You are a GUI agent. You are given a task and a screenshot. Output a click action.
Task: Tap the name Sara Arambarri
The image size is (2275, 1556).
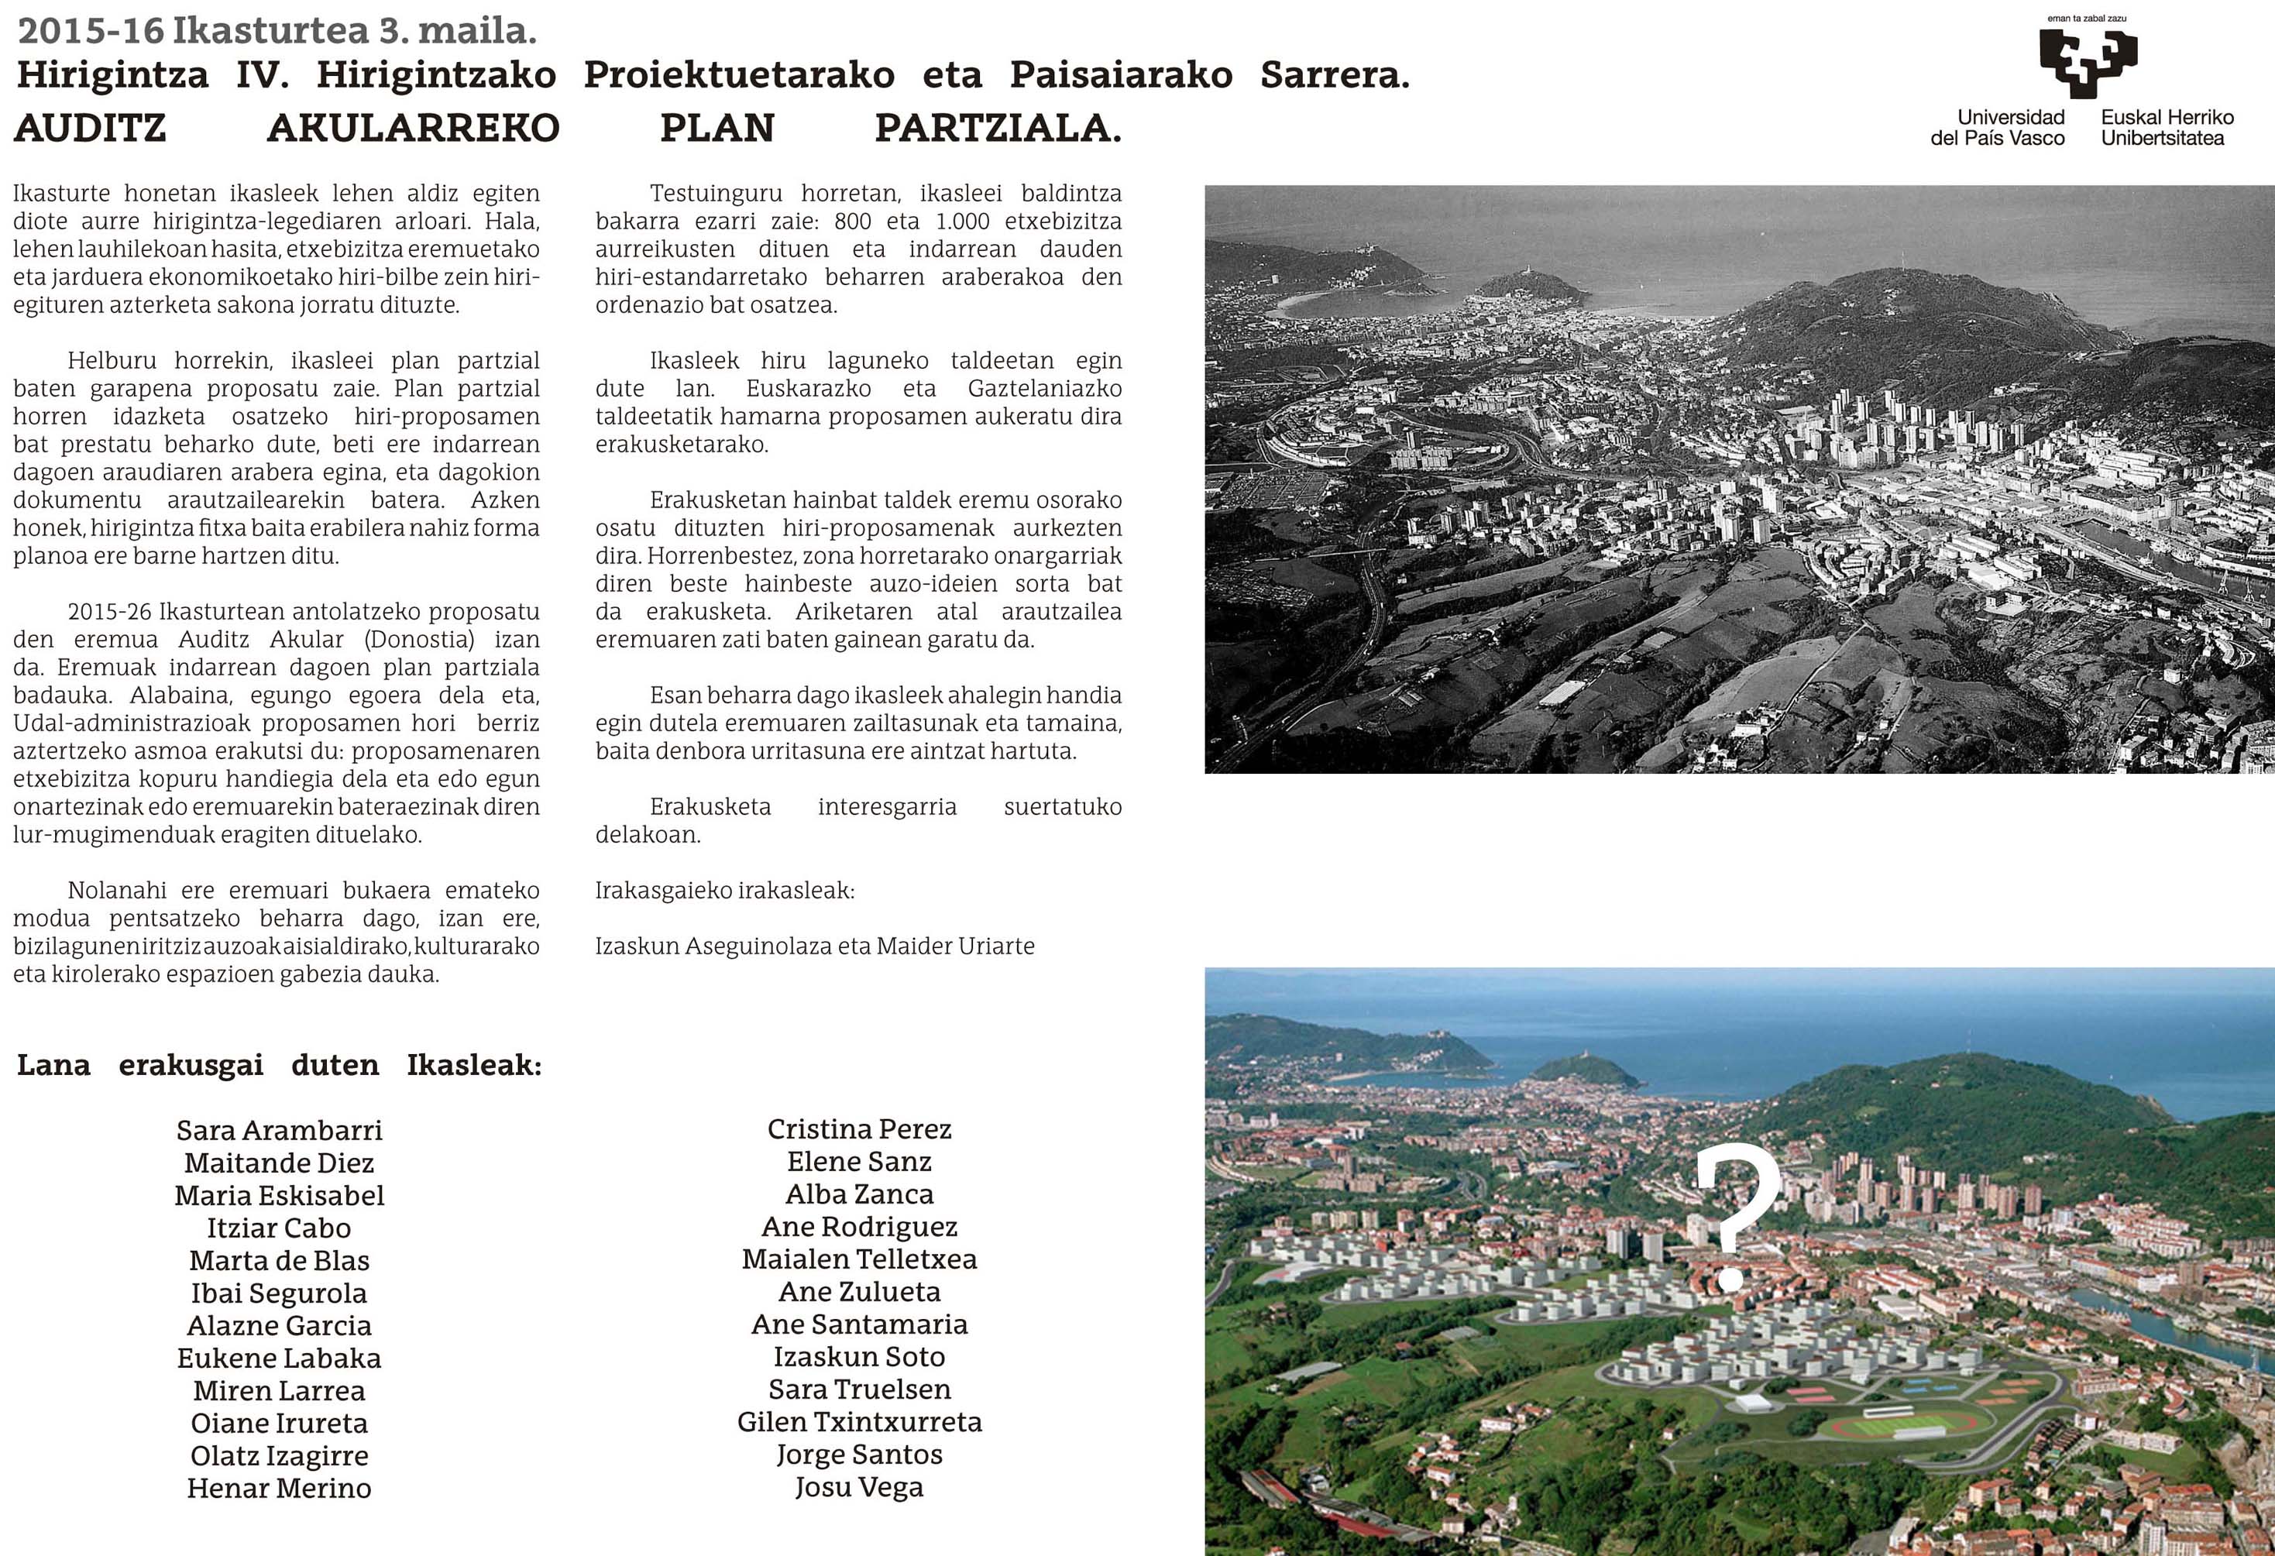pyautogui.click(x=279, y=1130)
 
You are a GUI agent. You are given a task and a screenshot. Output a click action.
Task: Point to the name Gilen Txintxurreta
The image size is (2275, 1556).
pyautogui.click(x=858, y=1422)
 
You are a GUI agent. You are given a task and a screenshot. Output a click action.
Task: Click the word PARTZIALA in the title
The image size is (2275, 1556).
pyautogui.click(x=998, y=129)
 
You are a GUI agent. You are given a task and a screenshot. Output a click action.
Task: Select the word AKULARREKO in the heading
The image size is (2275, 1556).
pyautogui.click(x=413, y=129)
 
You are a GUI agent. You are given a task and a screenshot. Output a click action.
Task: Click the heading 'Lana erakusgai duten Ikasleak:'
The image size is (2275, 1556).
pyautogui.click(x=279, y=1065)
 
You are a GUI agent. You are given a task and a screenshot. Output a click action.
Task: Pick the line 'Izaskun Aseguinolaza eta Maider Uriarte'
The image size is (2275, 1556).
pyautogui.click(x=814, y=946)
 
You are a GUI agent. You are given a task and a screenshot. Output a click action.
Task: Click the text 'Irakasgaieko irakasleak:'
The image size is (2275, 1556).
pyautogui.click(x=724, y=891)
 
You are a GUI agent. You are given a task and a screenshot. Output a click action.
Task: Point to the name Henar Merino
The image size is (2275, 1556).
pyautogui.click(x=279, y=1489)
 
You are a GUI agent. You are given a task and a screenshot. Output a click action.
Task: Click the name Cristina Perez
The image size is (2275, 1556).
pyautogui.click(x=858, y=1129)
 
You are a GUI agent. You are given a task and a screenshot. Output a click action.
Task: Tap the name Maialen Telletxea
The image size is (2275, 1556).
pyautogui.click(x=858, y=1259)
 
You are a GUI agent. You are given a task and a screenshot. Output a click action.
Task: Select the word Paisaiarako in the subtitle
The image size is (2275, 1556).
pyautogui.click(x=1121, y=75)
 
